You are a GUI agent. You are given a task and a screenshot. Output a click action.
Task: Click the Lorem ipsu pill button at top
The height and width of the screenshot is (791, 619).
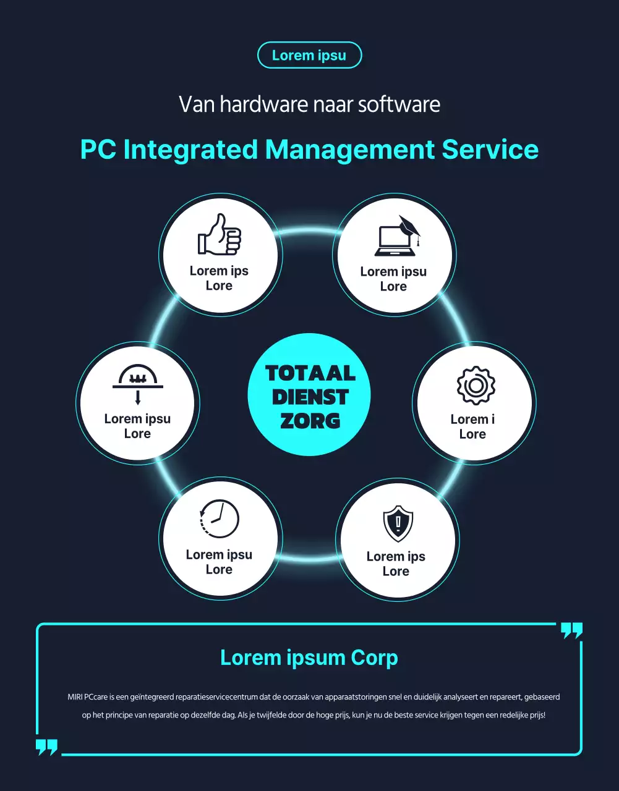[309, 55]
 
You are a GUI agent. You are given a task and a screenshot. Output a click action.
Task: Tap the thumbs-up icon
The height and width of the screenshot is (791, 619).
[220, 234]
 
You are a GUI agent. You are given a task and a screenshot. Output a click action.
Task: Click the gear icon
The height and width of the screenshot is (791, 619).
[476, 386]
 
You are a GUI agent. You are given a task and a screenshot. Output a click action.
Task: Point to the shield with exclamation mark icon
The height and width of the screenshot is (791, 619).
[398, 523]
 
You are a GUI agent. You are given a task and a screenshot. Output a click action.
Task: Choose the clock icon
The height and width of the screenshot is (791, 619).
[220, 519]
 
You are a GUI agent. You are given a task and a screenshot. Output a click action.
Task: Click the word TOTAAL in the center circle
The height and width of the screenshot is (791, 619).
[310, 373]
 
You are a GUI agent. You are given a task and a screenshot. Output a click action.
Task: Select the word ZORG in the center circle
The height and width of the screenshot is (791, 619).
[310, 421]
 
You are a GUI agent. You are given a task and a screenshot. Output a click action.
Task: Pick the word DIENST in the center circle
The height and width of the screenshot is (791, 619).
[310, 397]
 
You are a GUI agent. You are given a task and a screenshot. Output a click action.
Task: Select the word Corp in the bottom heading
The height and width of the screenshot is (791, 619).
[374, 658]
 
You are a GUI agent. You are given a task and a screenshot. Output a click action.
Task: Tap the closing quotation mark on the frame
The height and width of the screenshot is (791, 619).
[571, 630]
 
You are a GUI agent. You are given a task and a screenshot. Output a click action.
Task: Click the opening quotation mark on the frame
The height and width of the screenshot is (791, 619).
[47, 747]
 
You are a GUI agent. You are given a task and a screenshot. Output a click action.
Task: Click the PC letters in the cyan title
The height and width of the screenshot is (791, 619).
[98, 150]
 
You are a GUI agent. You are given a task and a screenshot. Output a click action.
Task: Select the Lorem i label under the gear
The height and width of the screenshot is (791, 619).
[472, 419]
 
